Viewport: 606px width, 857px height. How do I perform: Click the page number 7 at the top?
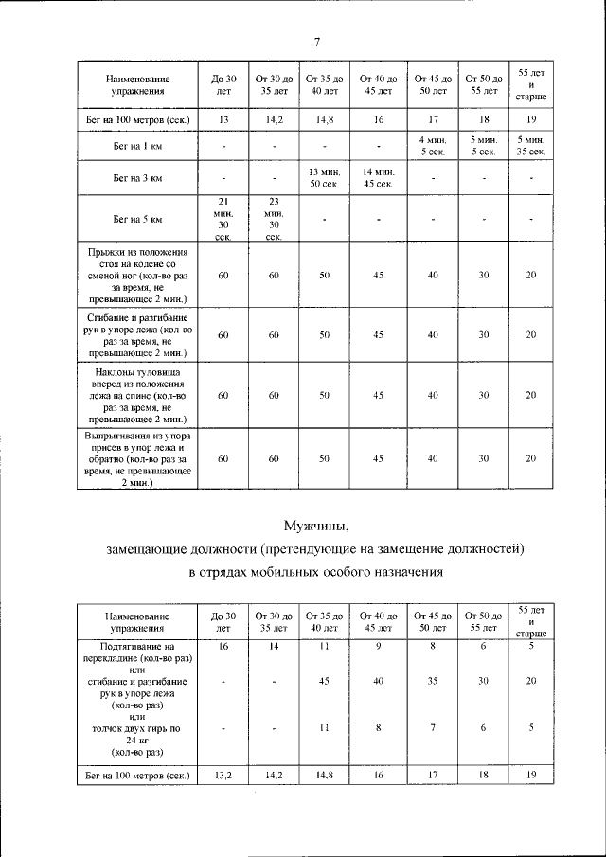pos(317,41)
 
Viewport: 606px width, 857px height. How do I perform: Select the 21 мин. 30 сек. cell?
pos(223,220)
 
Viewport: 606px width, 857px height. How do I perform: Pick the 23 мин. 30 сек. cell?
pos(273,220)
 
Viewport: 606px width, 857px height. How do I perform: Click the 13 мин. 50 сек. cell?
pos(324,176)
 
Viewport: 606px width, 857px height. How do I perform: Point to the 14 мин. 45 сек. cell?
pos(377,176)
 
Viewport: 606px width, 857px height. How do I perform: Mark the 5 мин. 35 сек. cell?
pos(531,146)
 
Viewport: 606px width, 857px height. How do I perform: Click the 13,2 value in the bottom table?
pos(223,775)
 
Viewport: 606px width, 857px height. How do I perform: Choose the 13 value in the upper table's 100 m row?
pos(223,120)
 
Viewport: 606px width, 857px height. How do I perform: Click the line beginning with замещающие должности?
pos(317,549)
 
